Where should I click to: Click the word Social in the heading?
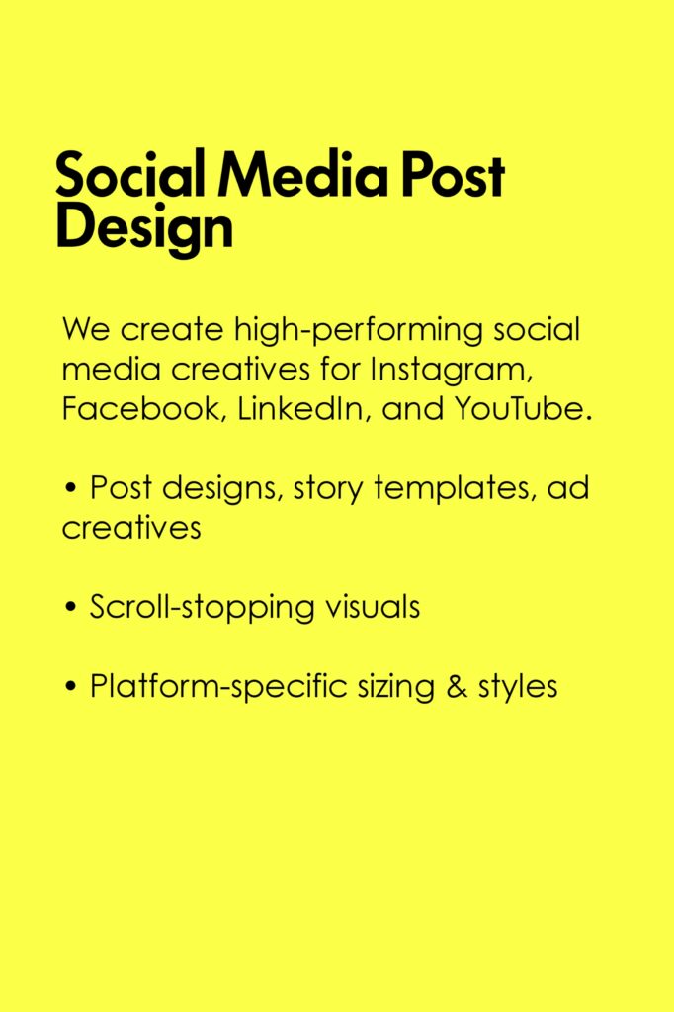pos(129,173)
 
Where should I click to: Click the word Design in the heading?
pos(144,228)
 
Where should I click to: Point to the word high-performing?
pos(358,330)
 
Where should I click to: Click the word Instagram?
pos(452,371)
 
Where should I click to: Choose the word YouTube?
pos(522,408)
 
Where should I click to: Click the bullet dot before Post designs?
pos(71,488)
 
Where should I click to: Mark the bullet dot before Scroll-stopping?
pos(71,608)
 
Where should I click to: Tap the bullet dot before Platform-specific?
pos(71,687)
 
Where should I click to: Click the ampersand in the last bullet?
pos(457,686)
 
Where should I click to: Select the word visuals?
pos(373,607)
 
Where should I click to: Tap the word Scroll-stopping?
pos(202,608)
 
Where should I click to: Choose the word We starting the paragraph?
pos(86,330)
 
